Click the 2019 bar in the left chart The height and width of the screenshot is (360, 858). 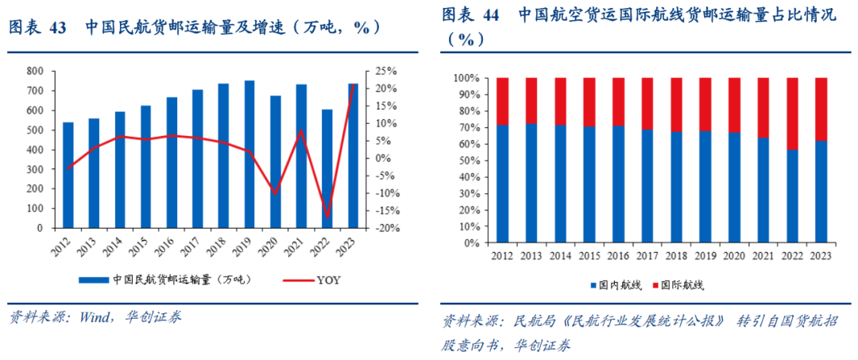[249, 154]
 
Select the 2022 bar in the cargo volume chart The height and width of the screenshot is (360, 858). [327, 168]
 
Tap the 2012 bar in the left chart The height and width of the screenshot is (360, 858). [68, 175]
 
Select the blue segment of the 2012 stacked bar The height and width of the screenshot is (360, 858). [502, 183]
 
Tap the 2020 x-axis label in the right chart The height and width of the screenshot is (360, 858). [736, 255]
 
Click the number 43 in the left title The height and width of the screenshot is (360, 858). [57, 27]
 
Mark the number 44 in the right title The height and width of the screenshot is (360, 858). [490, 15]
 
